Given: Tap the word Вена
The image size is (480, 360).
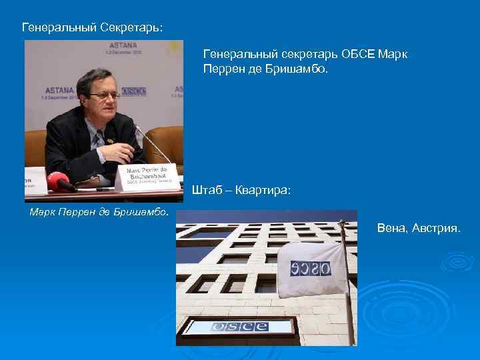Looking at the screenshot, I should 391,229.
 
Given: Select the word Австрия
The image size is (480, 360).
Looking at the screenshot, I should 435,229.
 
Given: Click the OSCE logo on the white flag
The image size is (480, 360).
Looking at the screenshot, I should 311,268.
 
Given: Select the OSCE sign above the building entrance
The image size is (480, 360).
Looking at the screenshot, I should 239,327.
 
